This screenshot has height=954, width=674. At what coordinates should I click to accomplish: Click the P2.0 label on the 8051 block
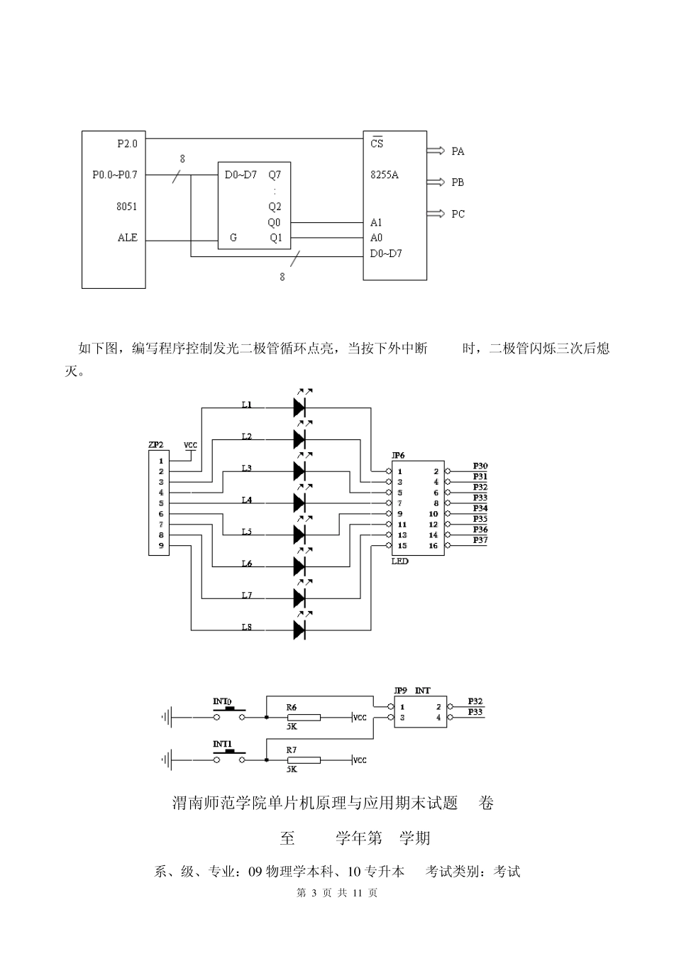[x=128, y=143]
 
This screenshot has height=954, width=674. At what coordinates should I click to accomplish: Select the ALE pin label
[x=128, y=238]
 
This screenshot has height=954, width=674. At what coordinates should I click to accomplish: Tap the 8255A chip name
[x=384, y=175]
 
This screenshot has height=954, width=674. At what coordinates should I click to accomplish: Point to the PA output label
[x=458, y=151]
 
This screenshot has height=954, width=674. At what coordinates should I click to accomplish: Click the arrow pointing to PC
[x=435, y=214]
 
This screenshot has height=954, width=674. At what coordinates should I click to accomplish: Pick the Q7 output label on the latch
[x=275, y=175]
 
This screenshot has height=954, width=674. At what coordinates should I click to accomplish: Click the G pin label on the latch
[x=233, y=238]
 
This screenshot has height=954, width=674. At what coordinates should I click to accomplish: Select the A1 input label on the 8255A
[x=376, y=222]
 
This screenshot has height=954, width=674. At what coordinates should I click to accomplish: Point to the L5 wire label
[x=246, y=532]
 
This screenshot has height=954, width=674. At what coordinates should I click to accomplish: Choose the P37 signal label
[x=480, y=540]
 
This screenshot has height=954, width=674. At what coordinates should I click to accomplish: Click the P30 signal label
[x=480, y=466]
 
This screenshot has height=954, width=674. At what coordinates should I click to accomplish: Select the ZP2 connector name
[x=156, y=445]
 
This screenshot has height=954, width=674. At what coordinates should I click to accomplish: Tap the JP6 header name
[x=399, y=454]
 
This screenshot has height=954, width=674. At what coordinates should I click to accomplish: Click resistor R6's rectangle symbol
[x=303, y=718]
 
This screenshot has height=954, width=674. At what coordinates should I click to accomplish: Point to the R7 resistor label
[x=291, y=750]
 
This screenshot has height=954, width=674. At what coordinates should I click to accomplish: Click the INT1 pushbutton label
[x=222, y=745]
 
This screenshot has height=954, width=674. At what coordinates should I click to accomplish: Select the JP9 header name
[x=400, y=690]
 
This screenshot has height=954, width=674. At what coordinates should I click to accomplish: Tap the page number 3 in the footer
[x=313, y=893]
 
